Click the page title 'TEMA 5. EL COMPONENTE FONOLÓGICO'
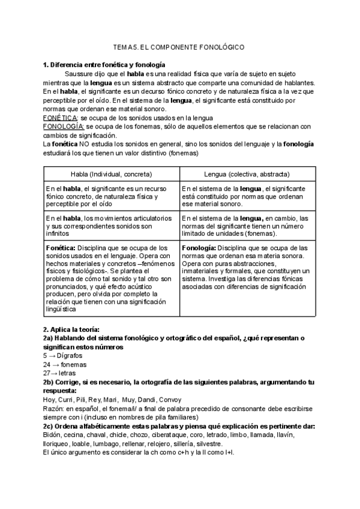179,47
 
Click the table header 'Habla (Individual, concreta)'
111,174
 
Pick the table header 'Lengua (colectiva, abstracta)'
247,174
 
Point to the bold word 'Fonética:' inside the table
61,247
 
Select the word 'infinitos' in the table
58,234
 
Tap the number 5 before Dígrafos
45,356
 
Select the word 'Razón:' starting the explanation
54,408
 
